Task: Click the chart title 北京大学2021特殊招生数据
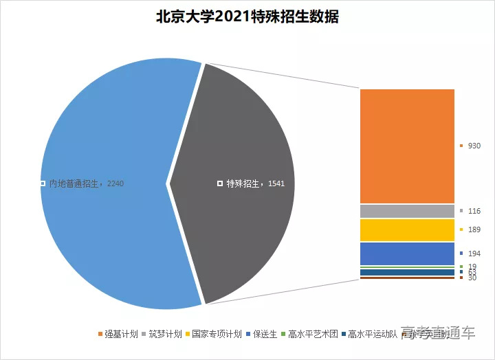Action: (x=247, y=17)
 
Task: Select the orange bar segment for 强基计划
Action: (x=407, y=146)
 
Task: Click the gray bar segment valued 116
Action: (x=407, y=211)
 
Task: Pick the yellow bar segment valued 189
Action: (x=407, y=229)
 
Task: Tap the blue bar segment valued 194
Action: (x=407, y=253)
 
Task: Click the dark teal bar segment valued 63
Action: (x=407, y=272)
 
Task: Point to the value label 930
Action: (x=474, y=146)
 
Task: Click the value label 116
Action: (x=474, y=211)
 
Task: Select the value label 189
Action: (x=474, y=229)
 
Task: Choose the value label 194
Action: (x=474, y=254)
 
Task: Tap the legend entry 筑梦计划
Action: (x=165, y=335)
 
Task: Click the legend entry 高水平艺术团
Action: (x=313, y=335)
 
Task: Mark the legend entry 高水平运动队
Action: (x=372, y=335)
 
